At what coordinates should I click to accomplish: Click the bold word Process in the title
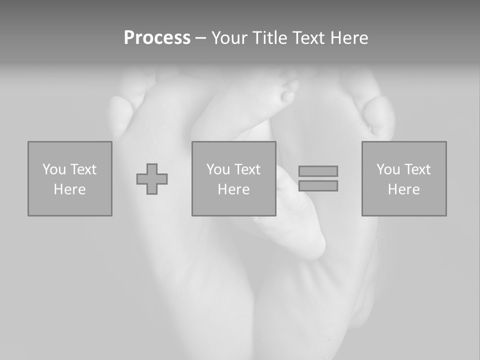click(157, 38)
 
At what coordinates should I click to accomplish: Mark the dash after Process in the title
click(200, 38)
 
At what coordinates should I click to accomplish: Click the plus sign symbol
click(152, 179)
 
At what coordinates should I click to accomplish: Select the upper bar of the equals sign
click(318, 171)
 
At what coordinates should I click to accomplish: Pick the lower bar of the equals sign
click(318, 186)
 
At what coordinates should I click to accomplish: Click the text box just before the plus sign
click(70, 179)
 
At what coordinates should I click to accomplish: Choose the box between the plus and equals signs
click(233, 179)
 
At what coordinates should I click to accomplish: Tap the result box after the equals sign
click(404, 179)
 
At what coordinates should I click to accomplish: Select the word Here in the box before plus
click(70, 189)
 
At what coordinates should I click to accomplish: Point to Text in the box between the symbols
click(247, 169)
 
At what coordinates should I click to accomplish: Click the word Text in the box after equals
click(417, 169)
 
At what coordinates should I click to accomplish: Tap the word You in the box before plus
click(54, 169)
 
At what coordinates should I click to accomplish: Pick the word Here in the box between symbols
click(233, 189)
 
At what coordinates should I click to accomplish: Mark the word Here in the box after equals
click(404, 189)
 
